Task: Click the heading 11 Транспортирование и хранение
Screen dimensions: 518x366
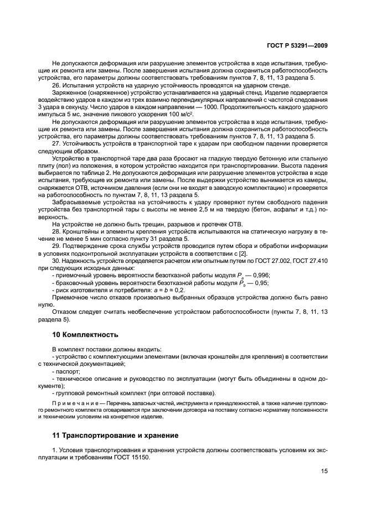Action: (x=115, y=435)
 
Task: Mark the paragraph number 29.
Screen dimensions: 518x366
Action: (x=56, y=244)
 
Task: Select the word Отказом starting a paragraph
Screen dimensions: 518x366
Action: (x=64, y=311)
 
